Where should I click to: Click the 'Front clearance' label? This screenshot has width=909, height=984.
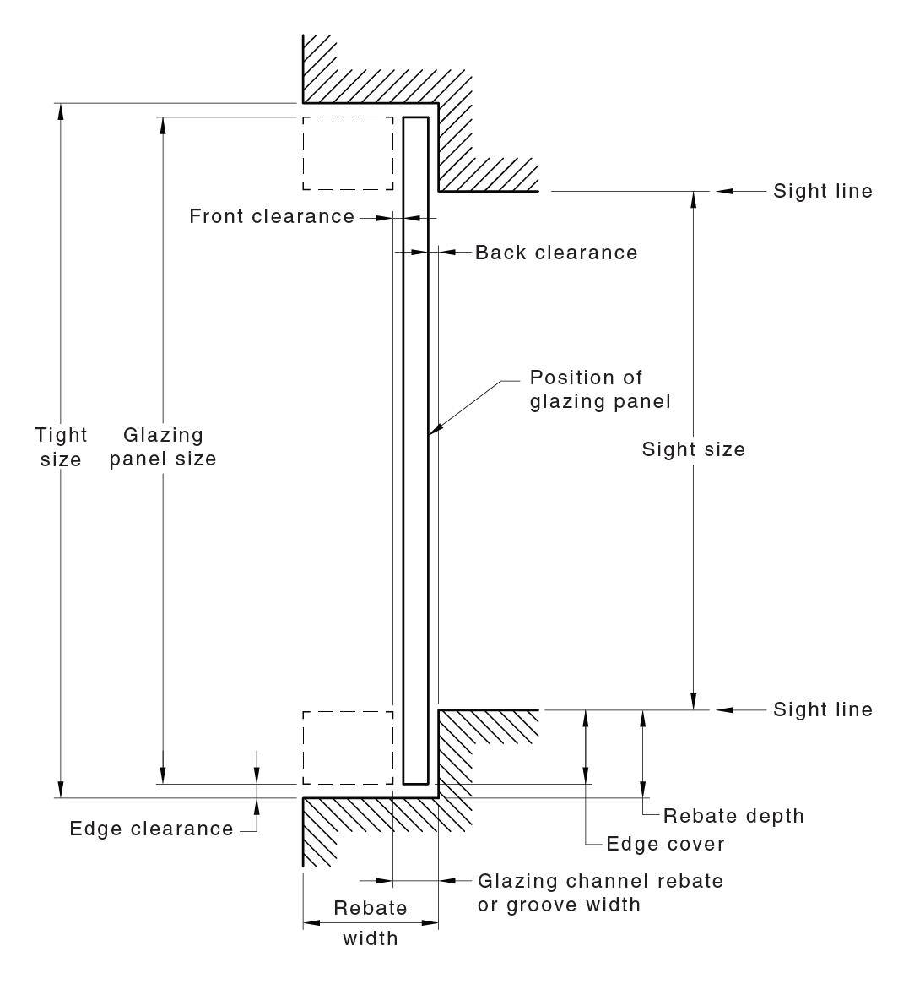(x=272, y=216)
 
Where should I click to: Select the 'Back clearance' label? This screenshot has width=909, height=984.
(x=556, y=253)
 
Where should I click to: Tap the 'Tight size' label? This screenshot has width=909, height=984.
(x=61, y=447)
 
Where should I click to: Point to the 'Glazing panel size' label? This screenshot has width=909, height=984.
(x=163, y=447)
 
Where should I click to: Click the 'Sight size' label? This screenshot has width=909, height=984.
(x=694, y=449)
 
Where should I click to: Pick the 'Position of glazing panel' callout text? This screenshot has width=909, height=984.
(x=600, y=389)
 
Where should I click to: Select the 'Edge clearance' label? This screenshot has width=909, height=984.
(x=152, y=829)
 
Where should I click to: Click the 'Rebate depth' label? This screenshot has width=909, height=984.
(x=733, y=816)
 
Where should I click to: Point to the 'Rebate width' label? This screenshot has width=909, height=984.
(x=371, y=922)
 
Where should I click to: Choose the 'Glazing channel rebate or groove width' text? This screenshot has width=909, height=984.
(x=600, y=893)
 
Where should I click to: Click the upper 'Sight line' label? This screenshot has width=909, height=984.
(x=823, y=191)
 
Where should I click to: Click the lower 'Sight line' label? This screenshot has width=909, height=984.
(x=823, y=709)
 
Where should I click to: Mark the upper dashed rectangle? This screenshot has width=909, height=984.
(x=348, y=154)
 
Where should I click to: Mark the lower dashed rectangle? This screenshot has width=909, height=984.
(x=348, y=748)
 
